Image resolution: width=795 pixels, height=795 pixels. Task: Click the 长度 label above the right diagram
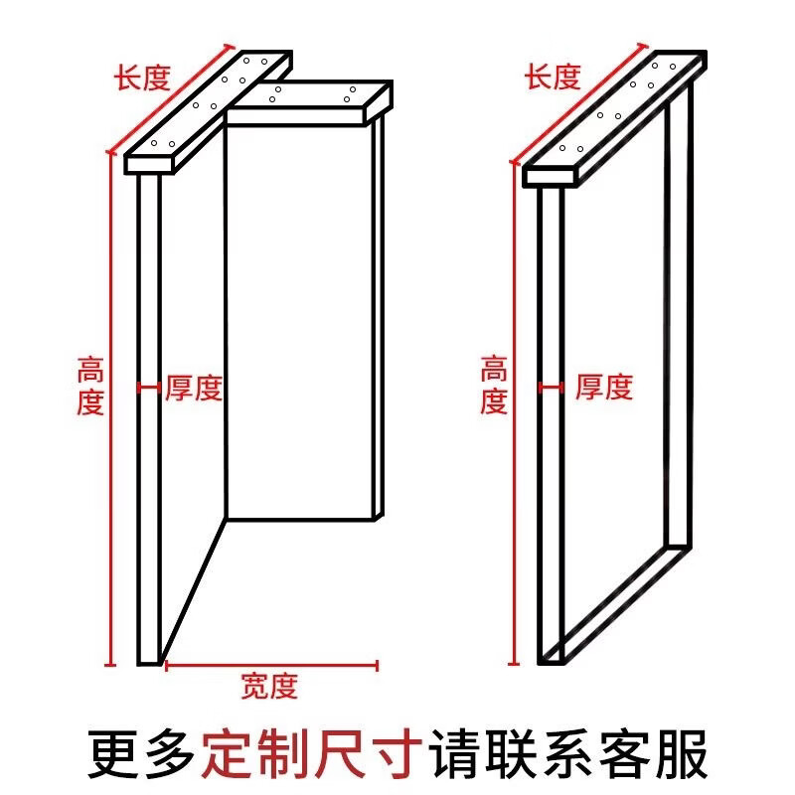pyautogui.click(x=554, y=78)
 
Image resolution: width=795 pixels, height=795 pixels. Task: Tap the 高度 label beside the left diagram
pyautogui.click(x=90, y=388)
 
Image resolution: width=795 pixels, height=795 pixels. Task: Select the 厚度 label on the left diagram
pyautogui.click(x=194, y=388)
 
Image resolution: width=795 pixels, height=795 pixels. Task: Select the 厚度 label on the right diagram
pyautogui.click(x=603, y=387)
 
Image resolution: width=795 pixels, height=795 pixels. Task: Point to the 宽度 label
pyautogui.click(x=269, y=686)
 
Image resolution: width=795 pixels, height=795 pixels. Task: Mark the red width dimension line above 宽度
pyautogui.click(x=270, y=664)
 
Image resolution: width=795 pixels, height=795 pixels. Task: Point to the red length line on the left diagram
pyautogui.click(x=169, y=98)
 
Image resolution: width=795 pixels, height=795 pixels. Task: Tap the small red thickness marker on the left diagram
pyautogui.click(x=148, y=388)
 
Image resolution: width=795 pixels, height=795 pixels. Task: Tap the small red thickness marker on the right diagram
pyautogui.click(x=552, y=388)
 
